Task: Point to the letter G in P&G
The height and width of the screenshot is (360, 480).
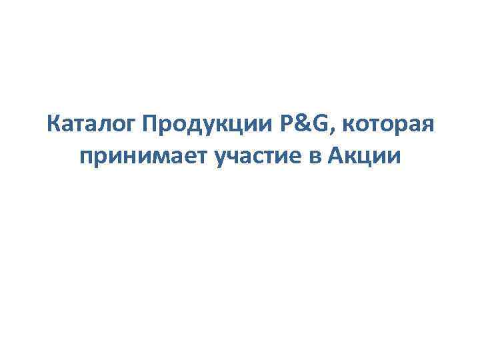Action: [322, 125]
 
